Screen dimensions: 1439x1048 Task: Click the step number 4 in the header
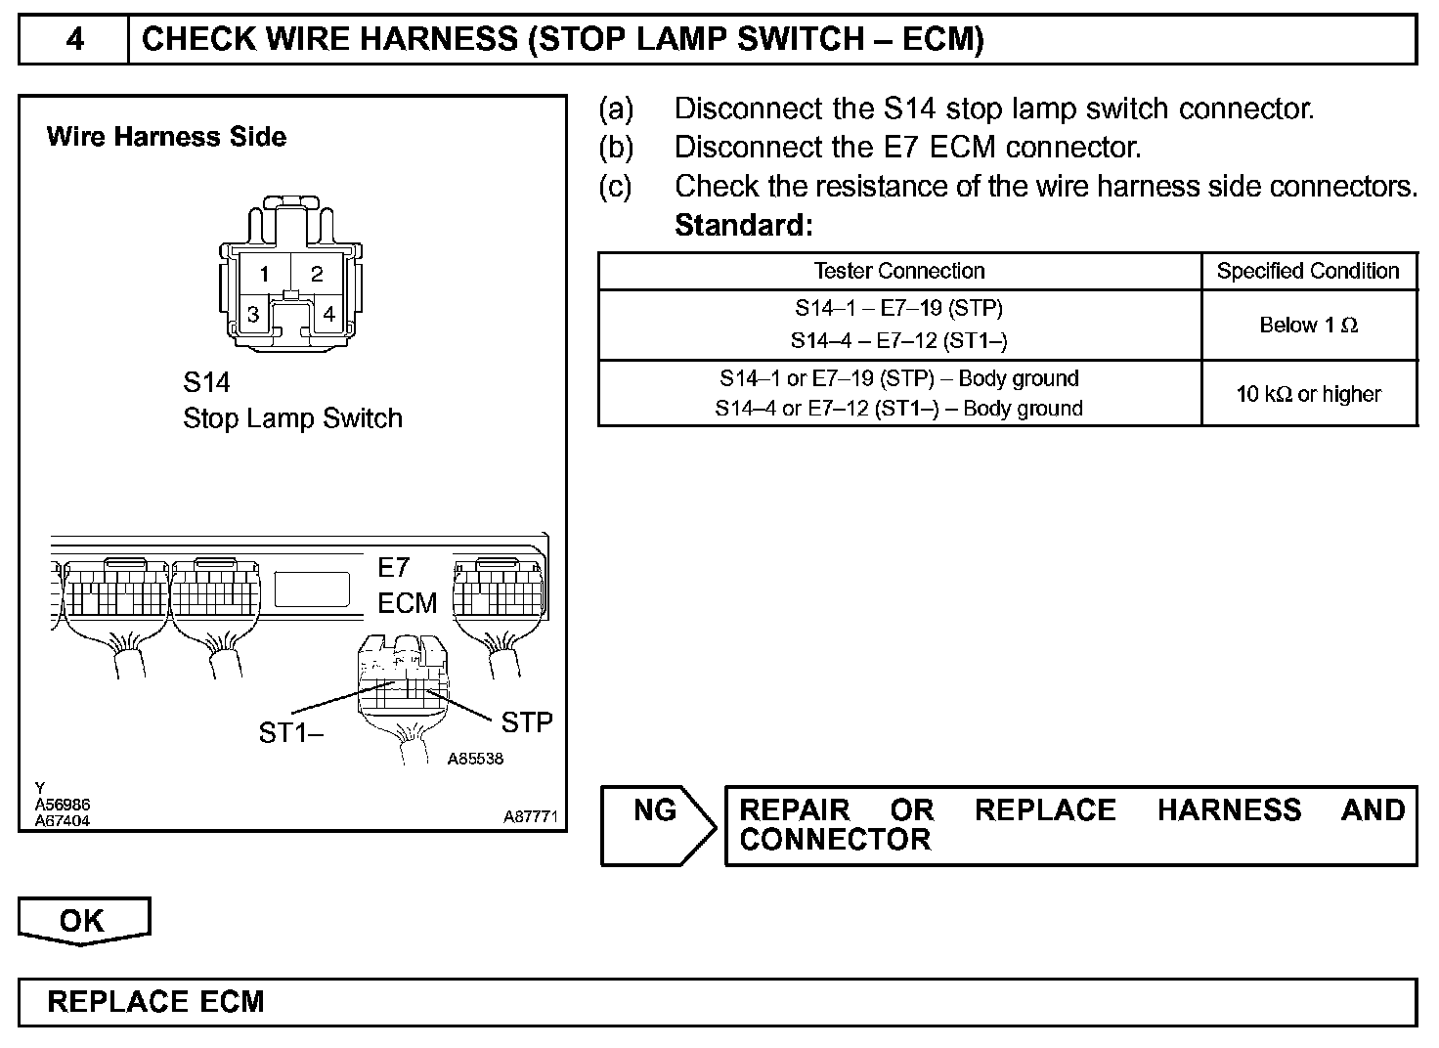coord(74,39)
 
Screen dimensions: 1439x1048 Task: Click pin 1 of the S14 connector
coord(263,274)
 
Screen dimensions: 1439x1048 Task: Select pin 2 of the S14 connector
coord(317,274)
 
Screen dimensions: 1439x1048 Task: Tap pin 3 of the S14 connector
coord(253,314)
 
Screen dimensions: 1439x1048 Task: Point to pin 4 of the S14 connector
coord(329,314)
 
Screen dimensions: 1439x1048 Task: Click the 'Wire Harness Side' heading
coord(166,137)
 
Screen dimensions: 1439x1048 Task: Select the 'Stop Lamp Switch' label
coord(292,418)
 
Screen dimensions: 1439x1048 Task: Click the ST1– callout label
coord(290,732)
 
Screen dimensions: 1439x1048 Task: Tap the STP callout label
coord(527,722)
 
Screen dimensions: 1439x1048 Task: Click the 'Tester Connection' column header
coord(899,271)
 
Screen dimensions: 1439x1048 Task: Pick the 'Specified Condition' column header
coord(1308,271)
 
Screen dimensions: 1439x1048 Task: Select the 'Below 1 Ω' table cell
coord(1308,325)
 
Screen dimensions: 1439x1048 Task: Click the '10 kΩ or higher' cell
coord(1308,394)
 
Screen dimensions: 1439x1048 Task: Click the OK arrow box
coord(82,921)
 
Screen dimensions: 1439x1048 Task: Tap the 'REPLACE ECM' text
coord(155,1002)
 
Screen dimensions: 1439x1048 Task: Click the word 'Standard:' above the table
coord(744,226)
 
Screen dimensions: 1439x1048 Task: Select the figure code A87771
coord(530,817)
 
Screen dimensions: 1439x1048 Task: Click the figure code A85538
coord(475,758)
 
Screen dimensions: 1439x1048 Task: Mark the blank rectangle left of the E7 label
coord(312,589)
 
